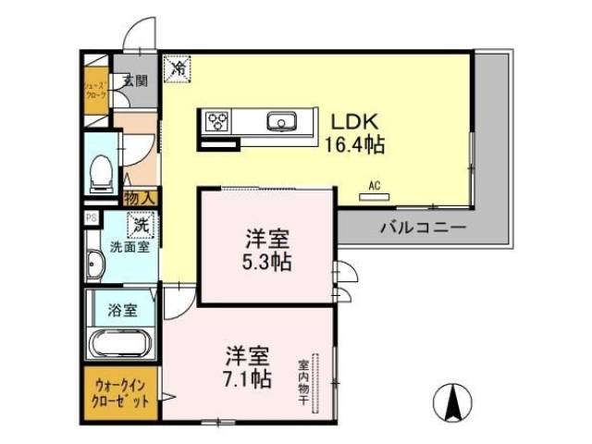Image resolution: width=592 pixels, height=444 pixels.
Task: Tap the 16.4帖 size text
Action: [x=354, y=146]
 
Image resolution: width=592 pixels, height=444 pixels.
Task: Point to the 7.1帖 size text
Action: [x=247, y=378]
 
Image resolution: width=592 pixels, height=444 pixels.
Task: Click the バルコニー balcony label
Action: [x=422, y=227]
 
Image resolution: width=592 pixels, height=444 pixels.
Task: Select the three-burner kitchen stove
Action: [x=218, y=121]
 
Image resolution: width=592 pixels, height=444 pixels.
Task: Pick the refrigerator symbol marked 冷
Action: [x=177, y=68]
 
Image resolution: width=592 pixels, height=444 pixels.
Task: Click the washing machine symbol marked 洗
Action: [x=140, y=223]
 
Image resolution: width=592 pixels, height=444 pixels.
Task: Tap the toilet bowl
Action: [x=101, y=172]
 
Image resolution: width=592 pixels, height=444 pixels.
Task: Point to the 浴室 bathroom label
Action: [x=122, y=309]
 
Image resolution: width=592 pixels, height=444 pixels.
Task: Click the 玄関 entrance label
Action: [x=135, y=80]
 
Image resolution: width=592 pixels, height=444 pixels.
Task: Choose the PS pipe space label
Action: [x=91, y=218]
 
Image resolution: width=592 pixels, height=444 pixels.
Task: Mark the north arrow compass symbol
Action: [x=454, y=401]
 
